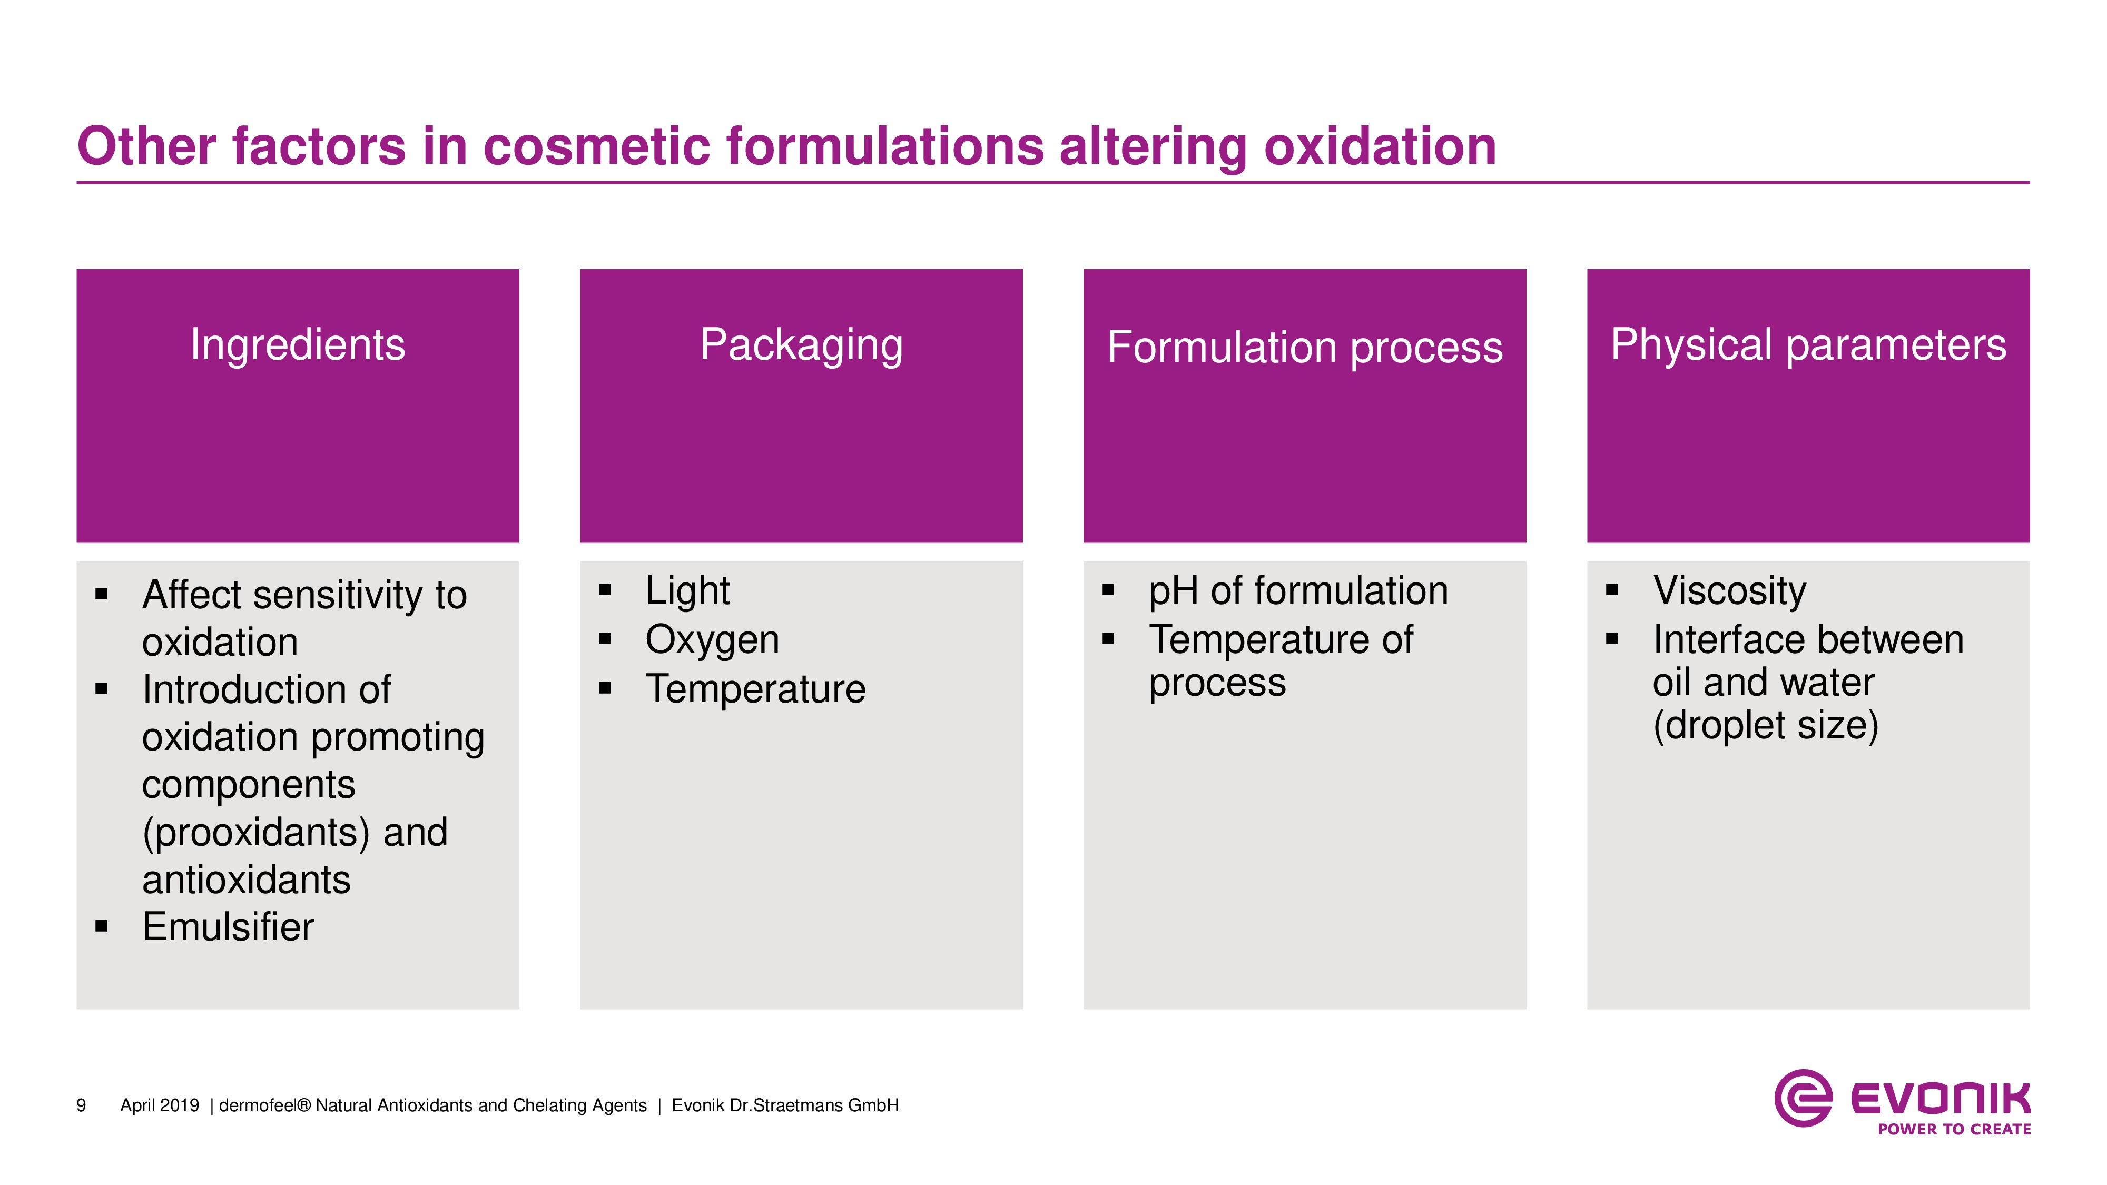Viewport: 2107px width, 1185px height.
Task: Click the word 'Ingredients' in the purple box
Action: coord(298,344)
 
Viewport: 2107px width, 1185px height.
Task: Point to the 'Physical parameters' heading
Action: coord(1808,344)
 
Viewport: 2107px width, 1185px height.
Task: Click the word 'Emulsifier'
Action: coord(228,926)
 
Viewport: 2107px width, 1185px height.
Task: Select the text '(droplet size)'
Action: coord(1766,725)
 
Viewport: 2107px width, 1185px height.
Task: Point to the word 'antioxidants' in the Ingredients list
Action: coord(246,880)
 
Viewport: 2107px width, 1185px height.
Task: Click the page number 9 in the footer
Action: coord(81,1105)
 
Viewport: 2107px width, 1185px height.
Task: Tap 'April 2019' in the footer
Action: coord(160,1105)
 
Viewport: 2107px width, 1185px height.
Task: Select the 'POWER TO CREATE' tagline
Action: coord(1954,1129)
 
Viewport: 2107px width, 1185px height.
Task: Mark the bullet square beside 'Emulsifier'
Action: coord(102,926)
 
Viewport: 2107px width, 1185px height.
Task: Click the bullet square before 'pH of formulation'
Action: coord(1108,590)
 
